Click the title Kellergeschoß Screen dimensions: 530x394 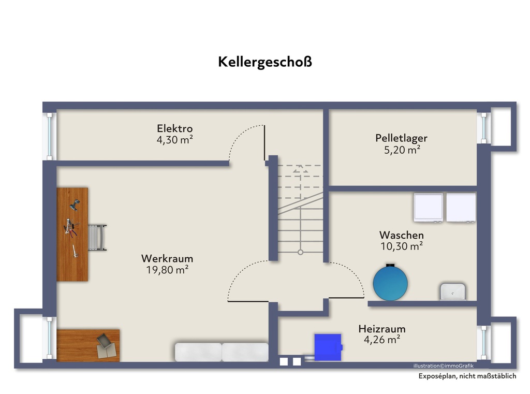coord(264,62)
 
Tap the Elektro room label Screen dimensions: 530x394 coord(175,128)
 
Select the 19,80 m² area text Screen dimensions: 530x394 coord(167,270)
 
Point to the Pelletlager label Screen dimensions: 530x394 coord(401,138)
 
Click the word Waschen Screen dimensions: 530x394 coord(402,235)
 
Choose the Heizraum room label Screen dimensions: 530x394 coord(382,329)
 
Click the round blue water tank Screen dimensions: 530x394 coord(390,283)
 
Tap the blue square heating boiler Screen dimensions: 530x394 coord(328,347)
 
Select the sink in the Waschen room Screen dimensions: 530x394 coord(452,292)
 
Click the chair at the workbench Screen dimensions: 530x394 coord(97,237)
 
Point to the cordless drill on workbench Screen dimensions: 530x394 coord(75,205)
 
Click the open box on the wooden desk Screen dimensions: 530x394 coord(106,346)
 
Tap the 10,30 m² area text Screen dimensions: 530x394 coord(402,246)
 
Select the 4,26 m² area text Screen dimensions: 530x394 coord(382,340)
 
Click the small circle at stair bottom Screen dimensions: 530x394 coord(301,252)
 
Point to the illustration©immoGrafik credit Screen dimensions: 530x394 coord(443,366)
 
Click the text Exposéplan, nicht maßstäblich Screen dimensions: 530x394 coord(467,376)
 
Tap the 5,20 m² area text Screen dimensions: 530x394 coord(402,150)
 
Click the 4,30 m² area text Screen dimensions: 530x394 coord(175,140)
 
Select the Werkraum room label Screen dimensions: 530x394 coord(167,259)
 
